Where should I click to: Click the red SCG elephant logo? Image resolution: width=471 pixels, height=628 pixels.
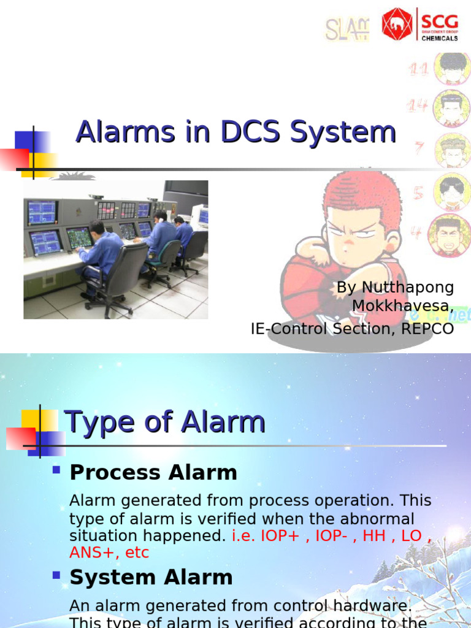click(397, 24)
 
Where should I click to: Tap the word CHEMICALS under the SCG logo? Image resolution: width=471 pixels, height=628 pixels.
click(438, 38)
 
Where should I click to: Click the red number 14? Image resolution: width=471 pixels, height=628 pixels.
click(418, 107)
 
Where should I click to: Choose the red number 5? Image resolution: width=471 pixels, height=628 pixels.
click(419, 193)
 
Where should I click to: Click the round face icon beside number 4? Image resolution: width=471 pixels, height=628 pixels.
click(450, 235)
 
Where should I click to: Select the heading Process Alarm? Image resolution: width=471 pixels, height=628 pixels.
click(153, 472)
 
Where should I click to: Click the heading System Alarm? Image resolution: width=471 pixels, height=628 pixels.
click(151, 577)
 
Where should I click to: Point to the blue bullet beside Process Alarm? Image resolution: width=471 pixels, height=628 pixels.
click(56, 470)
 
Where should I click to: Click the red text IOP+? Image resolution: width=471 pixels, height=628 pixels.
click(281, 535)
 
